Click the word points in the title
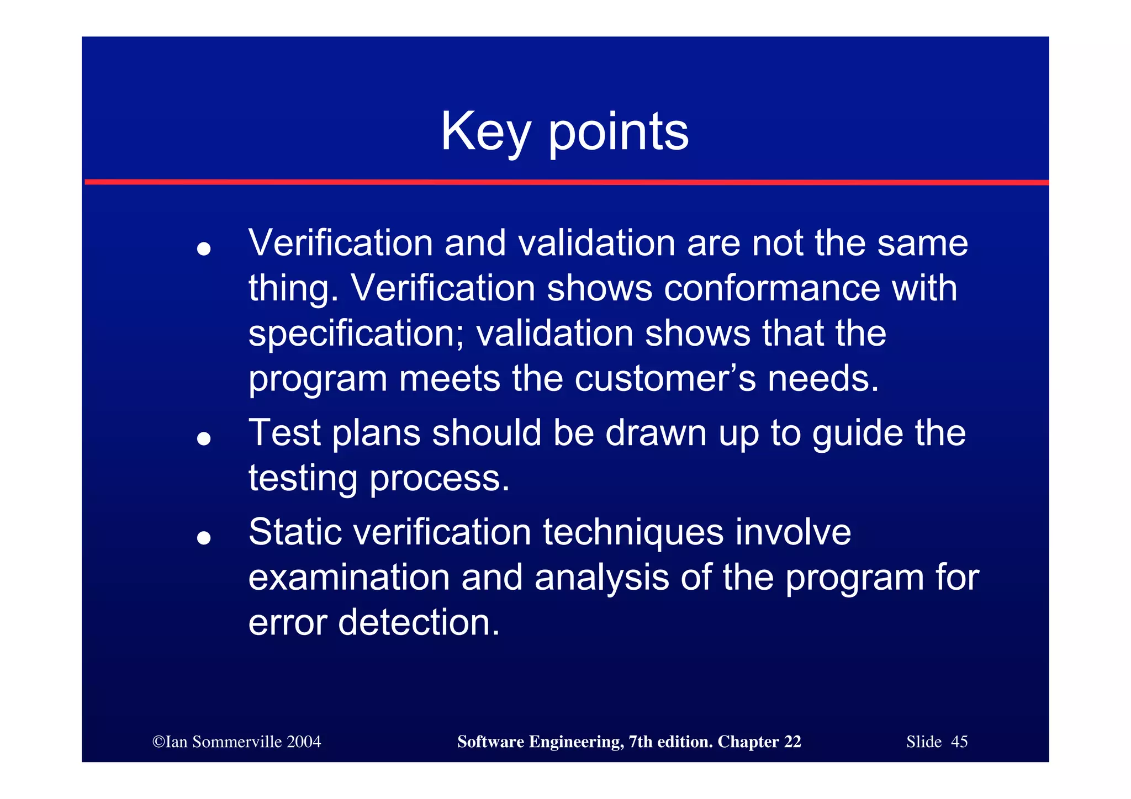618,132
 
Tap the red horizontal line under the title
565,182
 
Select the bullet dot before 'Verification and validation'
204,248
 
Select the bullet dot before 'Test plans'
204,438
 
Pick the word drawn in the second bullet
656,432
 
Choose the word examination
348,578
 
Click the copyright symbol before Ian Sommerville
158,742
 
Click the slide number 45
959,742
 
